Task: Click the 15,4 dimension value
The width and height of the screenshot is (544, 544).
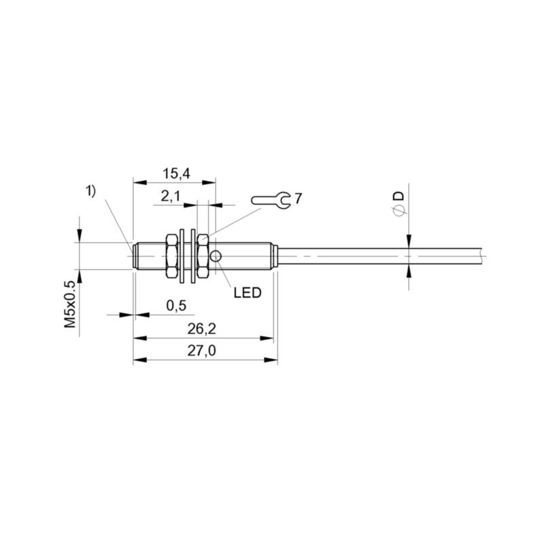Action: point(177,173)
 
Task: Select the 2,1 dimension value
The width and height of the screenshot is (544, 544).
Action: point(171,197)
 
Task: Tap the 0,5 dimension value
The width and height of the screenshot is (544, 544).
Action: point(176,305)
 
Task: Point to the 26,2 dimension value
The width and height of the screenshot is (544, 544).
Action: point(201,328)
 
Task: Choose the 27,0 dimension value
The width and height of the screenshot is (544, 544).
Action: point(201,351)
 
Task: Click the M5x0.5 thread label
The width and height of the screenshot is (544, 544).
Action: point(70,304)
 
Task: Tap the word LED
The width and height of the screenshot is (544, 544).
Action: point(247,293)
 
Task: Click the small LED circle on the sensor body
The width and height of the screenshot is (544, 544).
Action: point(216,256)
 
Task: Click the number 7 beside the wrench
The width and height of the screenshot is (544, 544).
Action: point(298,199)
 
